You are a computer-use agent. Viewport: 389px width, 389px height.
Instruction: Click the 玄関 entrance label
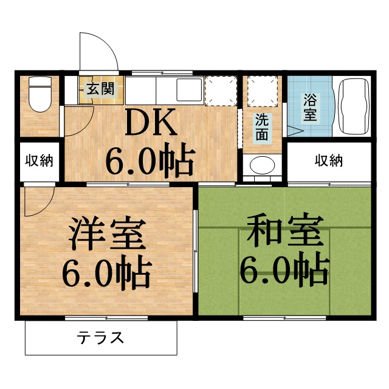click(x=100, y=89)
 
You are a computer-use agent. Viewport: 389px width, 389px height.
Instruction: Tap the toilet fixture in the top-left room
click(x=40, y=96)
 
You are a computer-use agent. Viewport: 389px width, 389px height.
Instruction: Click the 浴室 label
click(x=310, y=106)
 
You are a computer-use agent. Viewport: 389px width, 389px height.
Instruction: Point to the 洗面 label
click(x=261, y=126)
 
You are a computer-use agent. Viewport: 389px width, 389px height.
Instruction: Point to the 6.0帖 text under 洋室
click(x=107, y=274)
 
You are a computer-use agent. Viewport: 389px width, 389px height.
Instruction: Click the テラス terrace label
click(x=101, y=337)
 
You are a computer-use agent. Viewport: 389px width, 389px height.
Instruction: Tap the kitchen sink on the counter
click(x=189, y=91)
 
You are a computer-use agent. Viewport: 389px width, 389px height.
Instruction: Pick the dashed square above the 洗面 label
click(x=262, y=90)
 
